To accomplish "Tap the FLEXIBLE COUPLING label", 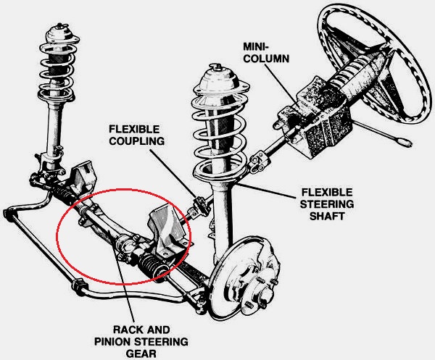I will tap(137, 135).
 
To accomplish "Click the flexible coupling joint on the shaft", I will tap(197, 206).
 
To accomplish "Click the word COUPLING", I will tap(137, 141).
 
